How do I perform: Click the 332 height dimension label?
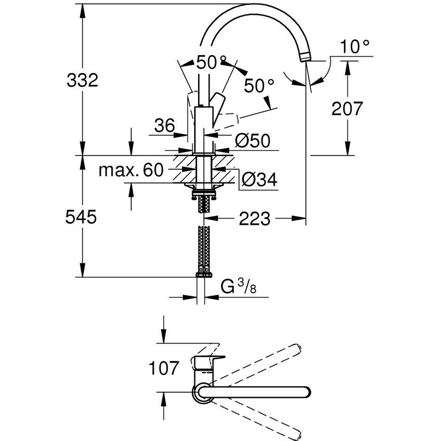(82, 80)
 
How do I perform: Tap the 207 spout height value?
(347, 108)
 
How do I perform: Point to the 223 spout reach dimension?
(254, 218)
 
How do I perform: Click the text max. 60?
(131, 170)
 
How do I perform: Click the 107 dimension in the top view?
(164, 367)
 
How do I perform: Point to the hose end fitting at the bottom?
(203, 274)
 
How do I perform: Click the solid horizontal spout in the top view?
(260, 392)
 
